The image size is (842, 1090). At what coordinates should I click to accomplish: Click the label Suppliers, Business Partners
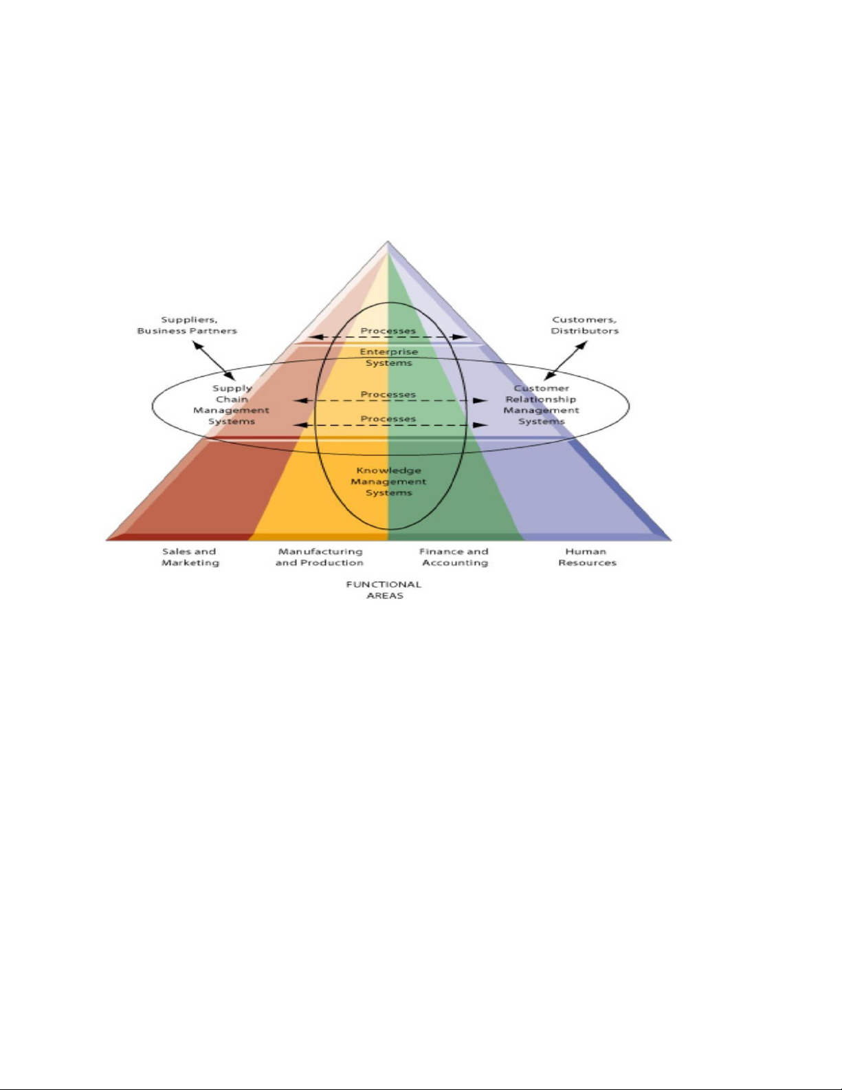click(187, 325)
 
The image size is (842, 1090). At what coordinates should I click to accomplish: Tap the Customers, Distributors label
click(584, 325)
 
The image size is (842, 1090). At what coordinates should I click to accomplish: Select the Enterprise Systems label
click(388, 357)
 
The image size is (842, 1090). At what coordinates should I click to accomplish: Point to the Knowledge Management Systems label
click(388, 481)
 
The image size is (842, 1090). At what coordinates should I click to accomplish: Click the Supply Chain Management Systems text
click(232, 405)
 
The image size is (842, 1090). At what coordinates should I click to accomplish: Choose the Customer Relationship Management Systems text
click(542, 405)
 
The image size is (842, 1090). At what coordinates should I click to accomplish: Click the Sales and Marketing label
click(190, 557)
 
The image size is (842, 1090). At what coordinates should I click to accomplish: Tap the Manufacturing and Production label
click(320, 557)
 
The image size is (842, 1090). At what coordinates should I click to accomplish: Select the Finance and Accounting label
click(454, 557)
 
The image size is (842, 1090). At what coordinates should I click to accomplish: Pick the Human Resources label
click(587, 557)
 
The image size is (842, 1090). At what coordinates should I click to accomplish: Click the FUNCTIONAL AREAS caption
click(384, 590)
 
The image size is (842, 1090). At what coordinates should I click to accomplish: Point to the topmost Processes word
click(388, 331)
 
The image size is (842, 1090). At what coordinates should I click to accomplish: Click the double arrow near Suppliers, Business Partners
click(214, 360)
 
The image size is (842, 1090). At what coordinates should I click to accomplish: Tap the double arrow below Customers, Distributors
click(565, 360)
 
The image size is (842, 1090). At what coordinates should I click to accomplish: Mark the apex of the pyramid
click(388, 241)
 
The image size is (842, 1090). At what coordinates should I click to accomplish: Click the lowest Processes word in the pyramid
click(388, 419)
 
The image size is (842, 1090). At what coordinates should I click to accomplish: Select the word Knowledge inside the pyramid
click(388, 470)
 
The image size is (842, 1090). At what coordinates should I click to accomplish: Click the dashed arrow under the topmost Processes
click(388, 337)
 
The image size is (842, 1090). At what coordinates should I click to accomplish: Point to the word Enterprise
click(388, 351)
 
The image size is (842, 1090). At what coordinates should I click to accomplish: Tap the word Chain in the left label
click(232, 400)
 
